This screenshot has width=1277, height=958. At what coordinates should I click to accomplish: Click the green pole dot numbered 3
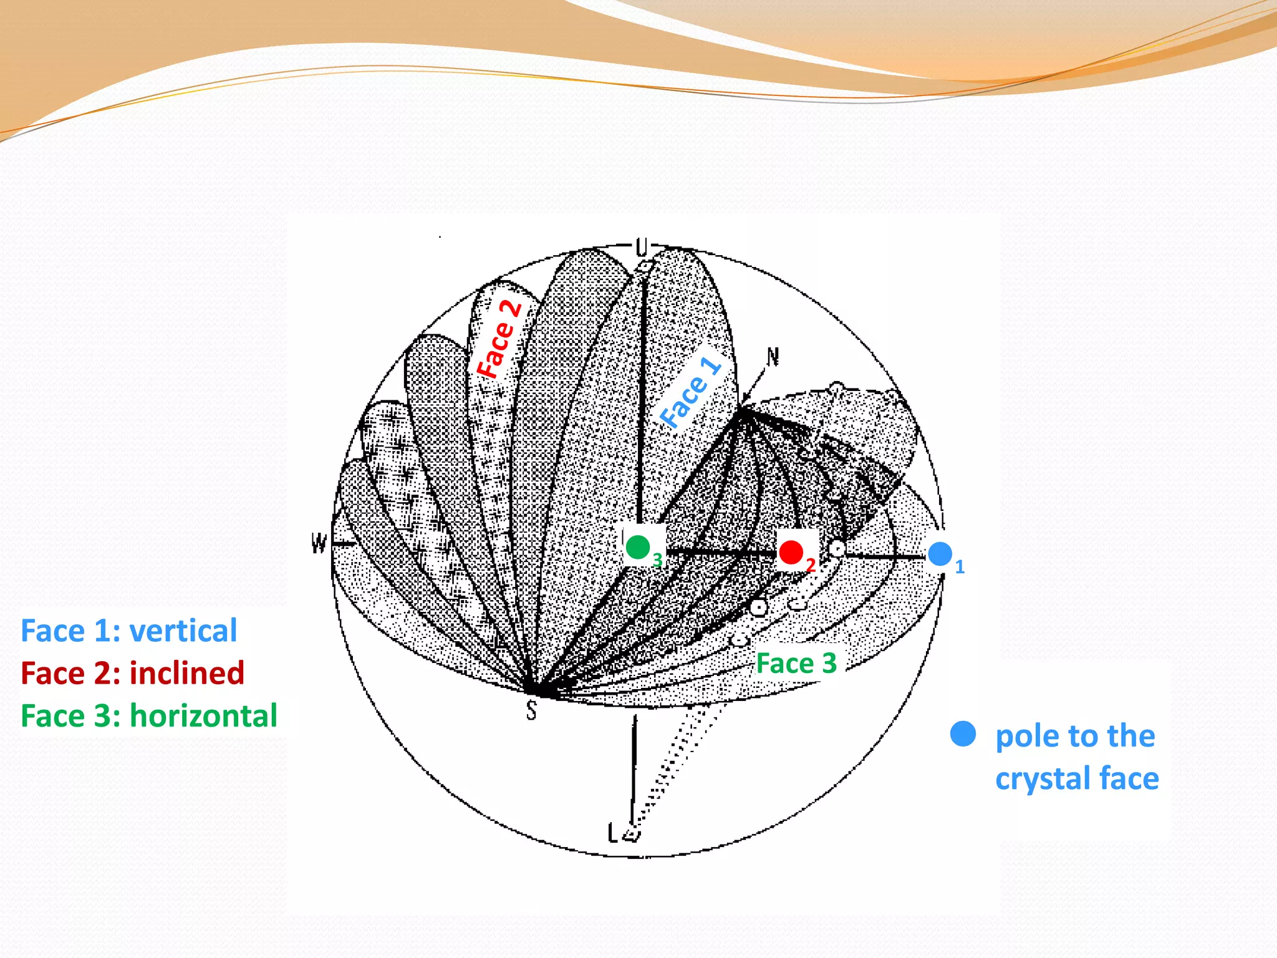[x=637, y=547]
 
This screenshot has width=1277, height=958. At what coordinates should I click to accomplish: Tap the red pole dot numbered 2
[x=791, y=552]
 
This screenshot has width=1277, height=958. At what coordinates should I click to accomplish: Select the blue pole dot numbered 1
[x=940, y=553]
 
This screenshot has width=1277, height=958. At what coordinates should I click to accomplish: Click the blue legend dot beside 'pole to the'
[x=963, y=734]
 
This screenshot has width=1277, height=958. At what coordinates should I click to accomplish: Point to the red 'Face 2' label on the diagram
[x=499, y=338]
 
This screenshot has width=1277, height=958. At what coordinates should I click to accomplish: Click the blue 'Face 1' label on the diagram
[x=691, y=392]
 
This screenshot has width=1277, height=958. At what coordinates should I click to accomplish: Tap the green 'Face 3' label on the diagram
[x=796, y=663]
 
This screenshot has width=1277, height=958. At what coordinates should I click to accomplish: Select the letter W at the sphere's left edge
[x=319, y=543]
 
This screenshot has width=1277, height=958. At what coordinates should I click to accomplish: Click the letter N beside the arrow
[x=773, y=357]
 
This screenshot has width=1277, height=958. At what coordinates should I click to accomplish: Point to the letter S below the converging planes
[x=531, y=710]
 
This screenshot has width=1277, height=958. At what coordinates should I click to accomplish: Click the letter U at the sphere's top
[x=642, y=248]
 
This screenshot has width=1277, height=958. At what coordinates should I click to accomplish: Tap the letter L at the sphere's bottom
[x=614, y=832]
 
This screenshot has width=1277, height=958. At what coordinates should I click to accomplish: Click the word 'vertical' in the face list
[x=183, y=631]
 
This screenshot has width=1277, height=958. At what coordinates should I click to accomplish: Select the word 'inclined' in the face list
[x=187, y=673]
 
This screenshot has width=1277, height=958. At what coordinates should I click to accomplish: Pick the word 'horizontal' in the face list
[x=203, y=715]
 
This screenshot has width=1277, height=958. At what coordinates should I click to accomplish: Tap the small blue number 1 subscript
[x=960, y=567]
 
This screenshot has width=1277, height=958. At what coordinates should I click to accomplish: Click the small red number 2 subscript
[x=811, y=565]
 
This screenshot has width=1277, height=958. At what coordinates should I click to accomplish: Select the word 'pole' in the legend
[x=1024, y=737]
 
